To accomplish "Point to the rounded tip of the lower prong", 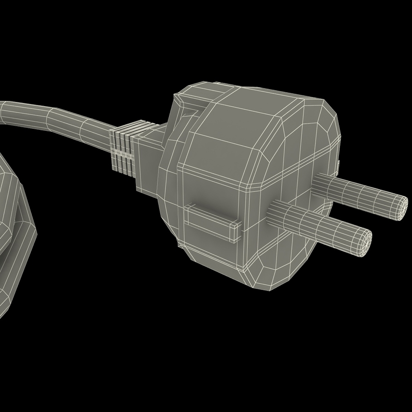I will click(364, 242).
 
